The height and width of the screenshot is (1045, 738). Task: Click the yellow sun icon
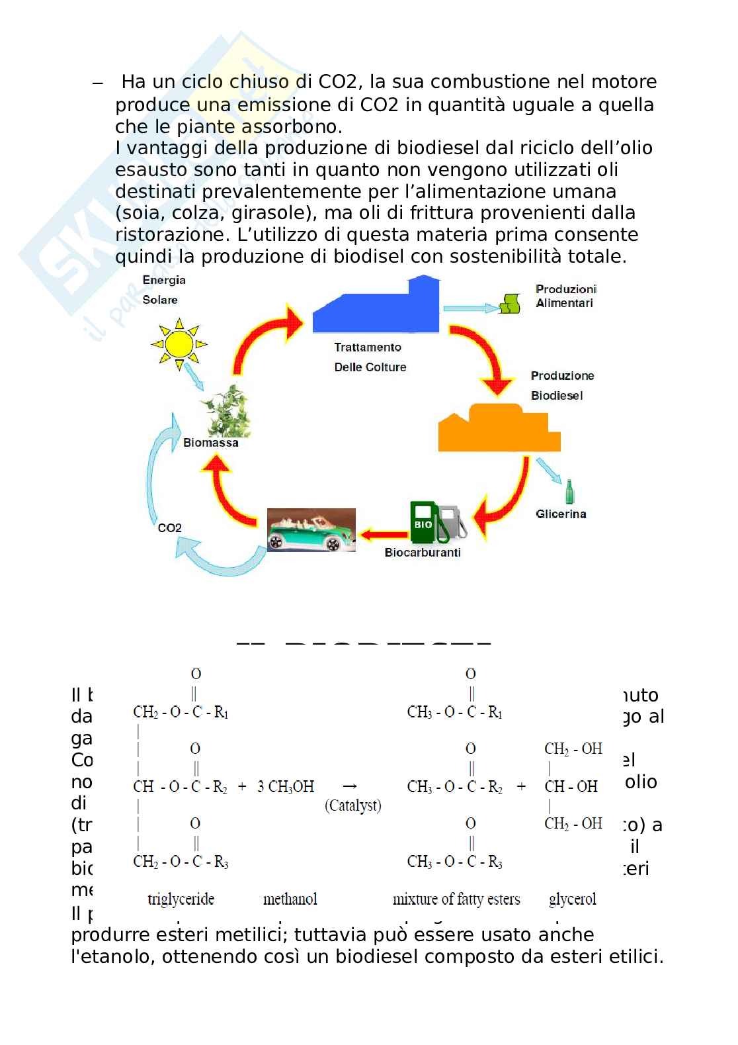click(x=179, y=344)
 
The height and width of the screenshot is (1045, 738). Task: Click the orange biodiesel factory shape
click(x=499, y=429)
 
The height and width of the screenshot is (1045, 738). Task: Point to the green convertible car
click(x=311, y=530)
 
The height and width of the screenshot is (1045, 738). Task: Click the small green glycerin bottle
click(x=568, y=492)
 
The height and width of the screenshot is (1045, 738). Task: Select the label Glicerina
click(x=561, y=514)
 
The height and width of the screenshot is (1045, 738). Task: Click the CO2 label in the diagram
click(x=169, y=528)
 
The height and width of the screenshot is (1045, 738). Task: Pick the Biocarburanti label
click(x=423, y=553)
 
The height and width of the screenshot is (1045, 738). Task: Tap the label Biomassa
click(x=211, y=443)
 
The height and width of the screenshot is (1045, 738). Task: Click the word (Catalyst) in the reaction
click(x=353, y=806)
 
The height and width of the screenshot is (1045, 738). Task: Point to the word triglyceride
click(x=181, y=899)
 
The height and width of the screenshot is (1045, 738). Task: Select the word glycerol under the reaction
click(x=572, y=899)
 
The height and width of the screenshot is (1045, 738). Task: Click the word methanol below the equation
click(x=290, y=899)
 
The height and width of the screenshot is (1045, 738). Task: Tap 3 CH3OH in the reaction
click(x=286, y=787)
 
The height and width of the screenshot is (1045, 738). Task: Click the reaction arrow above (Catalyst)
click(x=350, y=786)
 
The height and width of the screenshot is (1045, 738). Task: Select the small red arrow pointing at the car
click(x=384, y=533)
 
